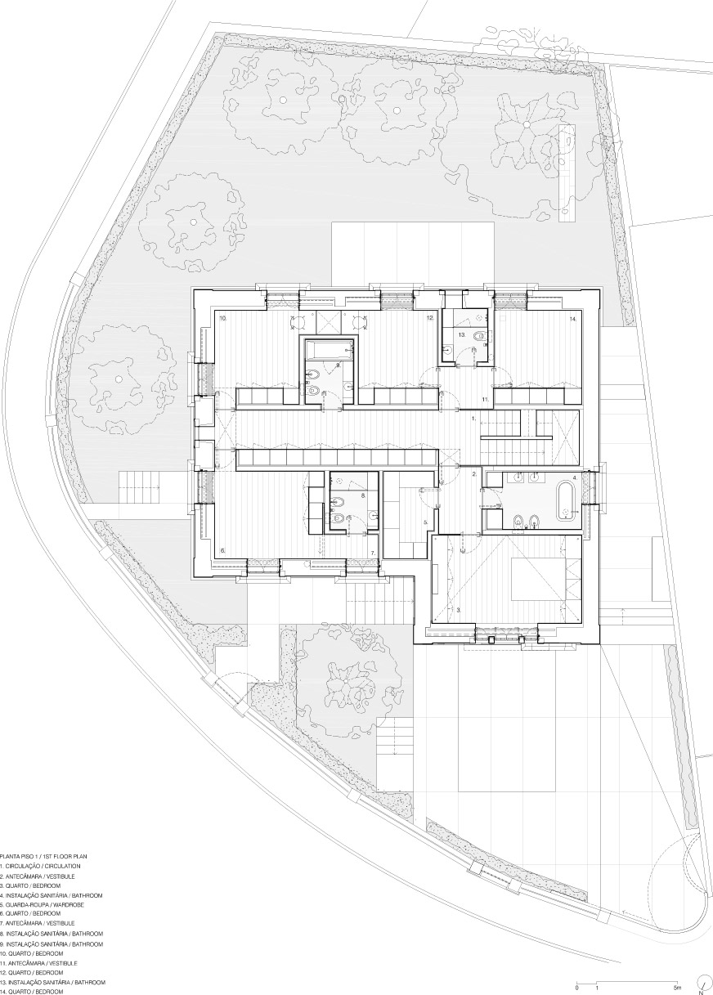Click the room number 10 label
tap(223, 318)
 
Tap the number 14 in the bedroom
tap(572, 319)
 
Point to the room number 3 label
tap(458, 610)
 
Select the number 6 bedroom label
tap(223, 550)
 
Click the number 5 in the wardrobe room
tap(425, 522)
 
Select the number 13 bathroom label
tap(462, 335)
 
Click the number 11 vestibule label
tap(486, 399)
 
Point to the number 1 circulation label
tap(473, 419)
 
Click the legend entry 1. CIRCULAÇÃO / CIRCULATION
tap(40, 866)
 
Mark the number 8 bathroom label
tap(363, 495)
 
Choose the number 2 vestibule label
tap(474, 474)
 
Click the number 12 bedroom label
tap(429, 318)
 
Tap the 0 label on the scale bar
tap(576, 984)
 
